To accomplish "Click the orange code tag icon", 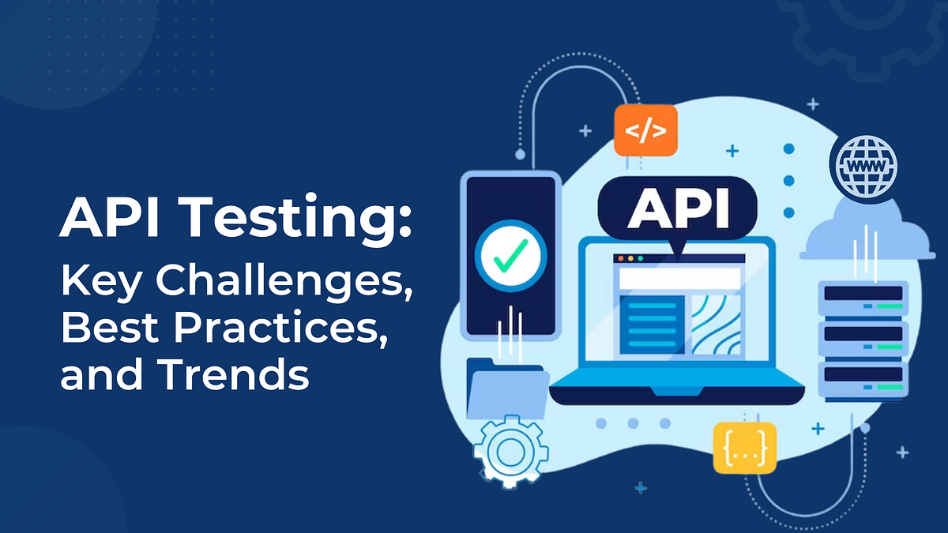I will click(645, 130).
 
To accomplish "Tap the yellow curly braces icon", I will click(745, 447).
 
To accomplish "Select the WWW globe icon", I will click(866, 166).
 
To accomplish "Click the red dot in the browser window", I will click(620, 258).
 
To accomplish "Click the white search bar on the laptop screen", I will click(679, 278).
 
